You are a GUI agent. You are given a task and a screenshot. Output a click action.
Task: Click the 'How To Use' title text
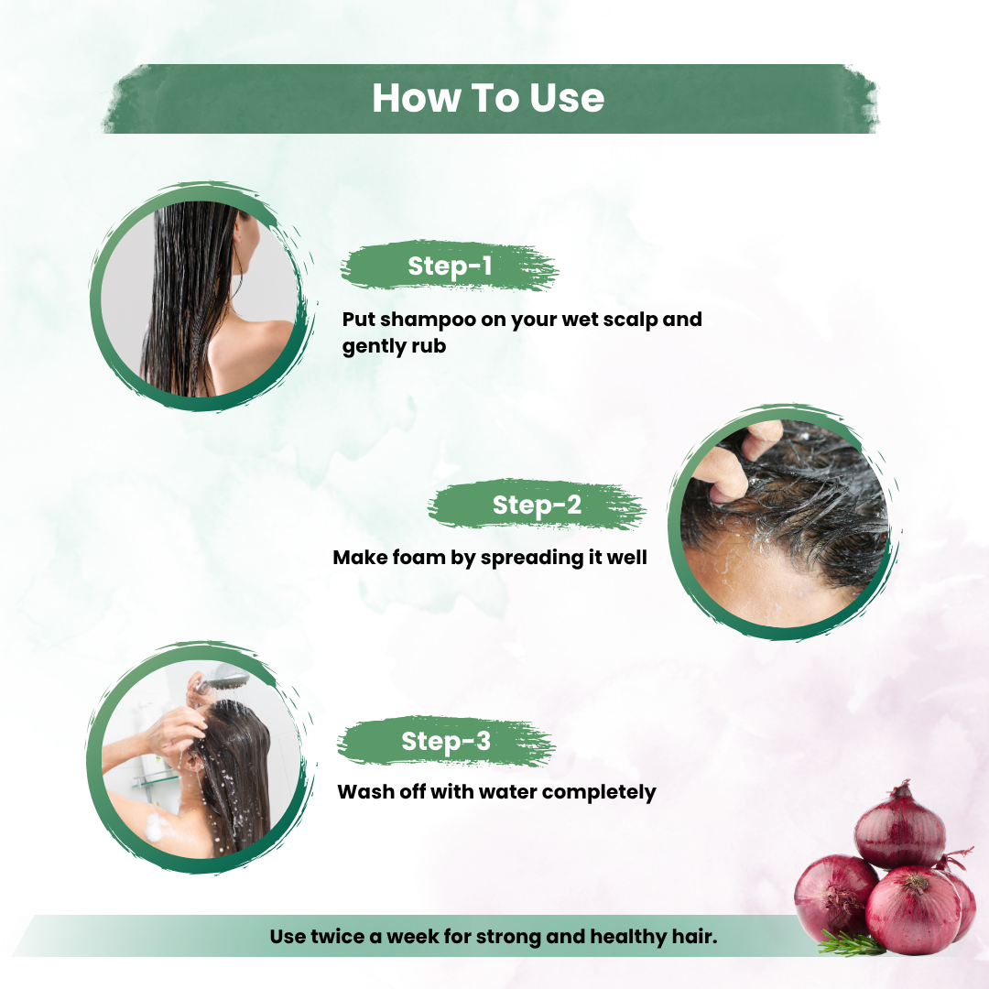coord(488,98)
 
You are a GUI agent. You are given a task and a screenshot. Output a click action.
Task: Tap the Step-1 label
coord(450,266)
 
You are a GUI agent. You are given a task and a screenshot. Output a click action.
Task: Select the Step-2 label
coord(537,505)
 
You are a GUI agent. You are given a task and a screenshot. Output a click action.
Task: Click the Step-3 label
coord(446,741)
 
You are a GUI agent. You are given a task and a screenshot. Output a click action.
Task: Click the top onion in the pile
coord(899,830)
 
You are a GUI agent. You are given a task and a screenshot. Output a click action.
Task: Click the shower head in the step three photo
coord(229,679)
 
